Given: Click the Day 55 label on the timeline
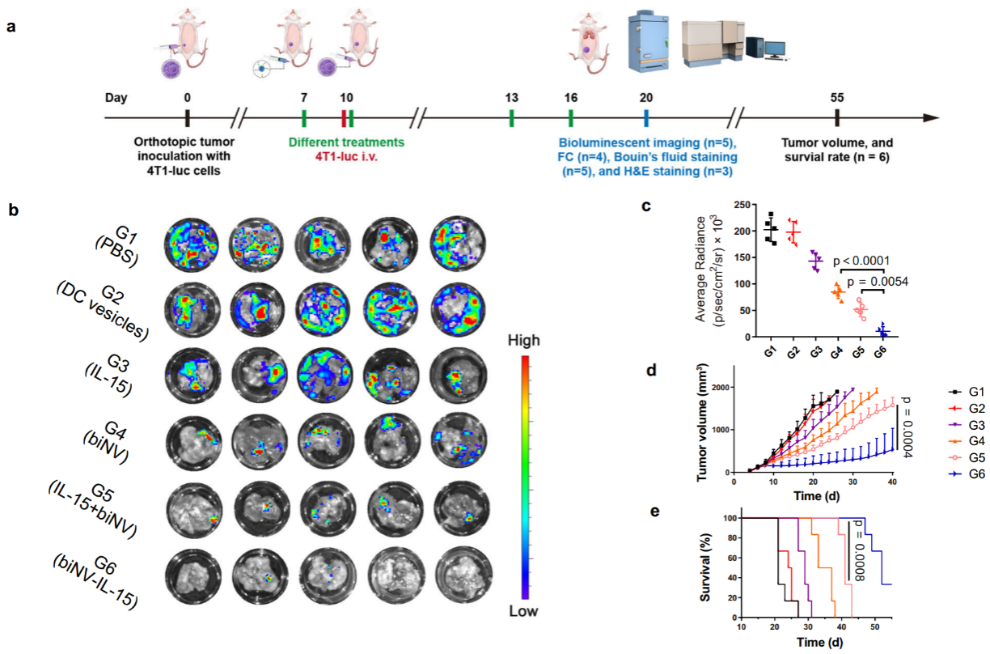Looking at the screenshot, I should pyautogui.click(x=837, y=97).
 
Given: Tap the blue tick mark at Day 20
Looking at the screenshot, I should pyautogui.click(x=646, y=118).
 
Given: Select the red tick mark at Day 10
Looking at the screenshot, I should pyautogui.click(x=344, y=118).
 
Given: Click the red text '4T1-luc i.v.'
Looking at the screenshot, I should pyautogui.click(x=346, y=157).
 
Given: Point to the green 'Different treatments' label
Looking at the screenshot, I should pyautogui.click(x=347, y=142).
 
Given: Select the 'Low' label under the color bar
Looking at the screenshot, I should pyautogui.click(x=524, y=611).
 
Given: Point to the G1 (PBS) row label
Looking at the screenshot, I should pyautogui.click(x=117, y=243).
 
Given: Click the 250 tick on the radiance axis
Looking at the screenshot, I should pyautogui.click(x=726, y=205).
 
